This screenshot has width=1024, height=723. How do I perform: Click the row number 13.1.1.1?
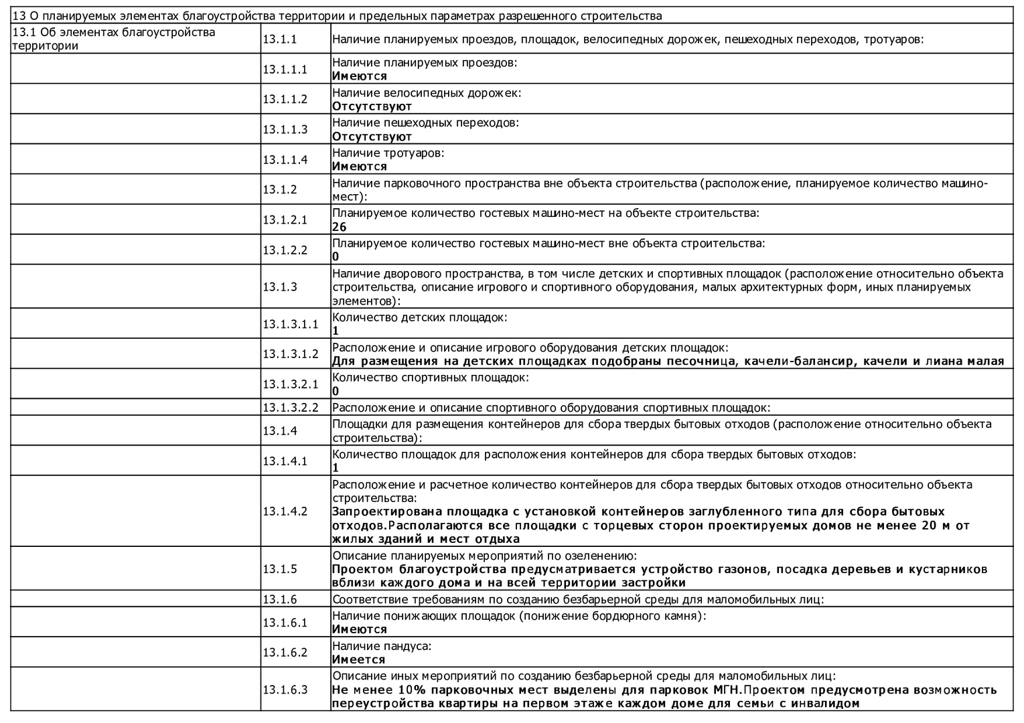click(285, 69)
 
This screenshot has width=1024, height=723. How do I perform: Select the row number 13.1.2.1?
click(285, 220)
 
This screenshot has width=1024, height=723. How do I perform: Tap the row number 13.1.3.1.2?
click(290, 353)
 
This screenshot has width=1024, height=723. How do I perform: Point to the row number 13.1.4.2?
click(285, 511)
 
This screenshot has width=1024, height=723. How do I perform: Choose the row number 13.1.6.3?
click(285, 690)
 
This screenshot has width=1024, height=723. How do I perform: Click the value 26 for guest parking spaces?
click(339, 227)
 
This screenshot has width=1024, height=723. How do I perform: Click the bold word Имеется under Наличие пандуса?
click(359, 659)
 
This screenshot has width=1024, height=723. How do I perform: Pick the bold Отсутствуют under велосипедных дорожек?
click(372, 106)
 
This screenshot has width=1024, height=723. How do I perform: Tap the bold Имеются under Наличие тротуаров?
click(360, 166)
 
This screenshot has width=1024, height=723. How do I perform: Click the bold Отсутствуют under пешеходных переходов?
click(372, 137)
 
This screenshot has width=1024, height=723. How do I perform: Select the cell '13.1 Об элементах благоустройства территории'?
click(114, 39)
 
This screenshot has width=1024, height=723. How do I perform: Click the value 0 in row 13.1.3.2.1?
click(336, 391)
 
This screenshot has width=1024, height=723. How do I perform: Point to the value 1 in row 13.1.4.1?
click(336, 467)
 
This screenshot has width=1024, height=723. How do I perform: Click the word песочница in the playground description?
click(702, 361)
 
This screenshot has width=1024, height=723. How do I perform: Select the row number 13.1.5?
click(279, 569)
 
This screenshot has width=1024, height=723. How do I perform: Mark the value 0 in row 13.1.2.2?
click(336, 256)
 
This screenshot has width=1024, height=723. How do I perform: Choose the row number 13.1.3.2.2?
click(290, 407)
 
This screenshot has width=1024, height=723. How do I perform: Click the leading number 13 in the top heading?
click(19, 16)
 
